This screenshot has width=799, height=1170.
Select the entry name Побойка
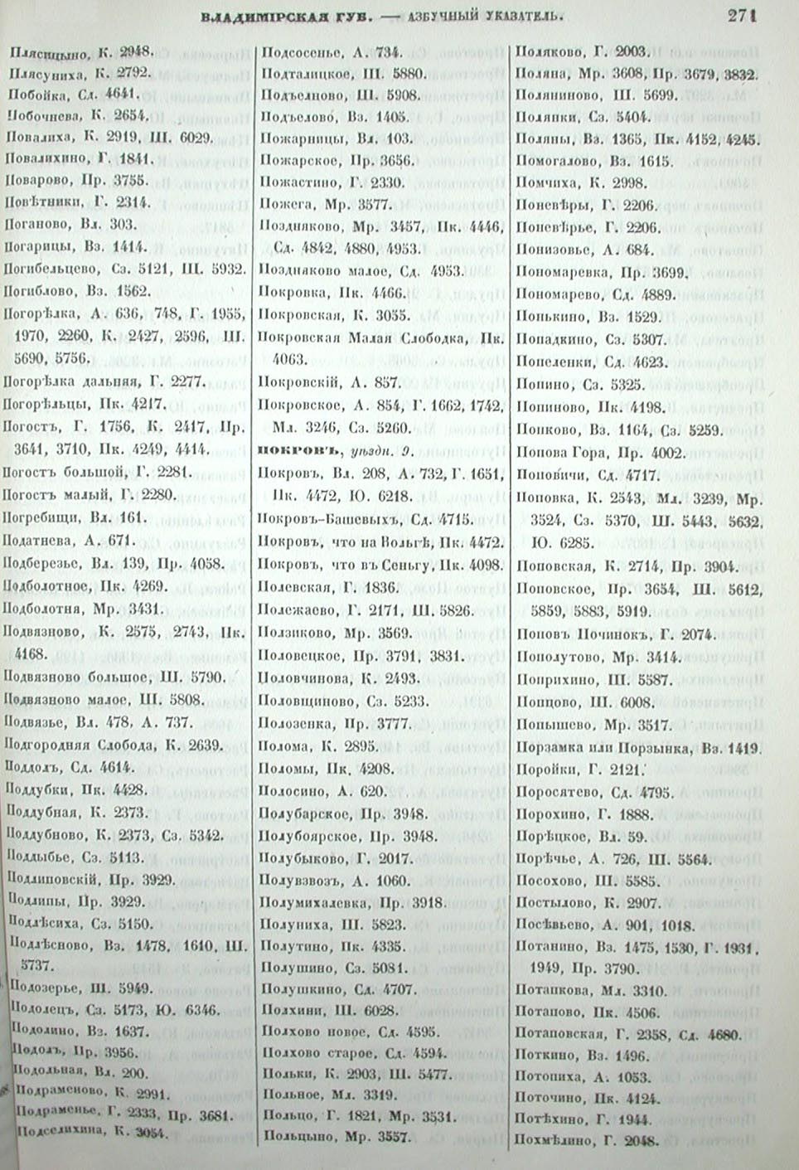coord(36,93)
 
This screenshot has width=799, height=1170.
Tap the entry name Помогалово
coord(552,161)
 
